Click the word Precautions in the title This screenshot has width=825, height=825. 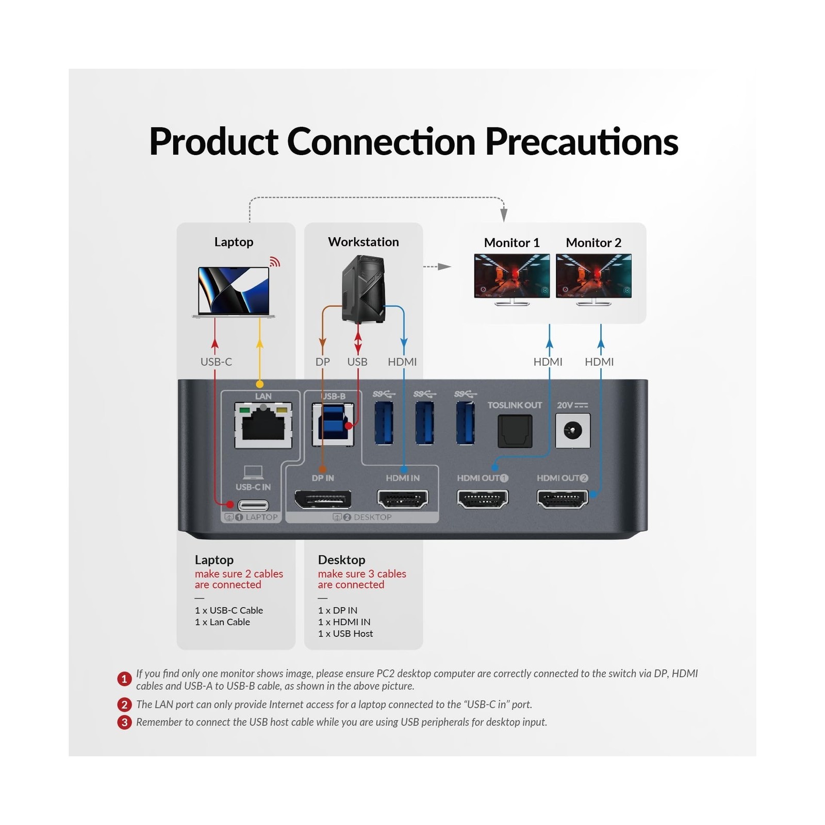(x=582, y=141)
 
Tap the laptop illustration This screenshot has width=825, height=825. (x=234, y=292)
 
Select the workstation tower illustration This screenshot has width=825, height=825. (x=364, y=289)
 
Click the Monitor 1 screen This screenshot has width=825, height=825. (x=512, y=276)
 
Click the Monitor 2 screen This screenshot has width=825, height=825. (x=593, y=276)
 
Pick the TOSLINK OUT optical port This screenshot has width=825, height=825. (x=515, y=431)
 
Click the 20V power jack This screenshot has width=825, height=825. (x=573, y=431)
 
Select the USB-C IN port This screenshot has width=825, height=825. (x=253, y=505)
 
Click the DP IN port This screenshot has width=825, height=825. (x=323, y=499)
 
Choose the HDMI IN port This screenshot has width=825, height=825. (x=403, y=499)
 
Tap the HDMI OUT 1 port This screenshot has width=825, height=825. (x=483, y=499)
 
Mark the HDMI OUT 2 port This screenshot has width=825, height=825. (x=563, y=499)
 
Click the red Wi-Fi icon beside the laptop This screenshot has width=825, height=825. (x=275, y=261)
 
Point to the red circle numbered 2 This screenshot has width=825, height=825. (x=124, y=704)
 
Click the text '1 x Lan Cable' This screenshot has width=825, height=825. (x=222, y=622)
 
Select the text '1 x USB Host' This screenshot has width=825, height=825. (x=345, y=633)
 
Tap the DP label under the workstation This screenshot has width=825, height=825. (x=323, y=361)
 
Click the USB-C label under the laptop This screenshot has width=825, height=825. (x=216, y=361)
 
